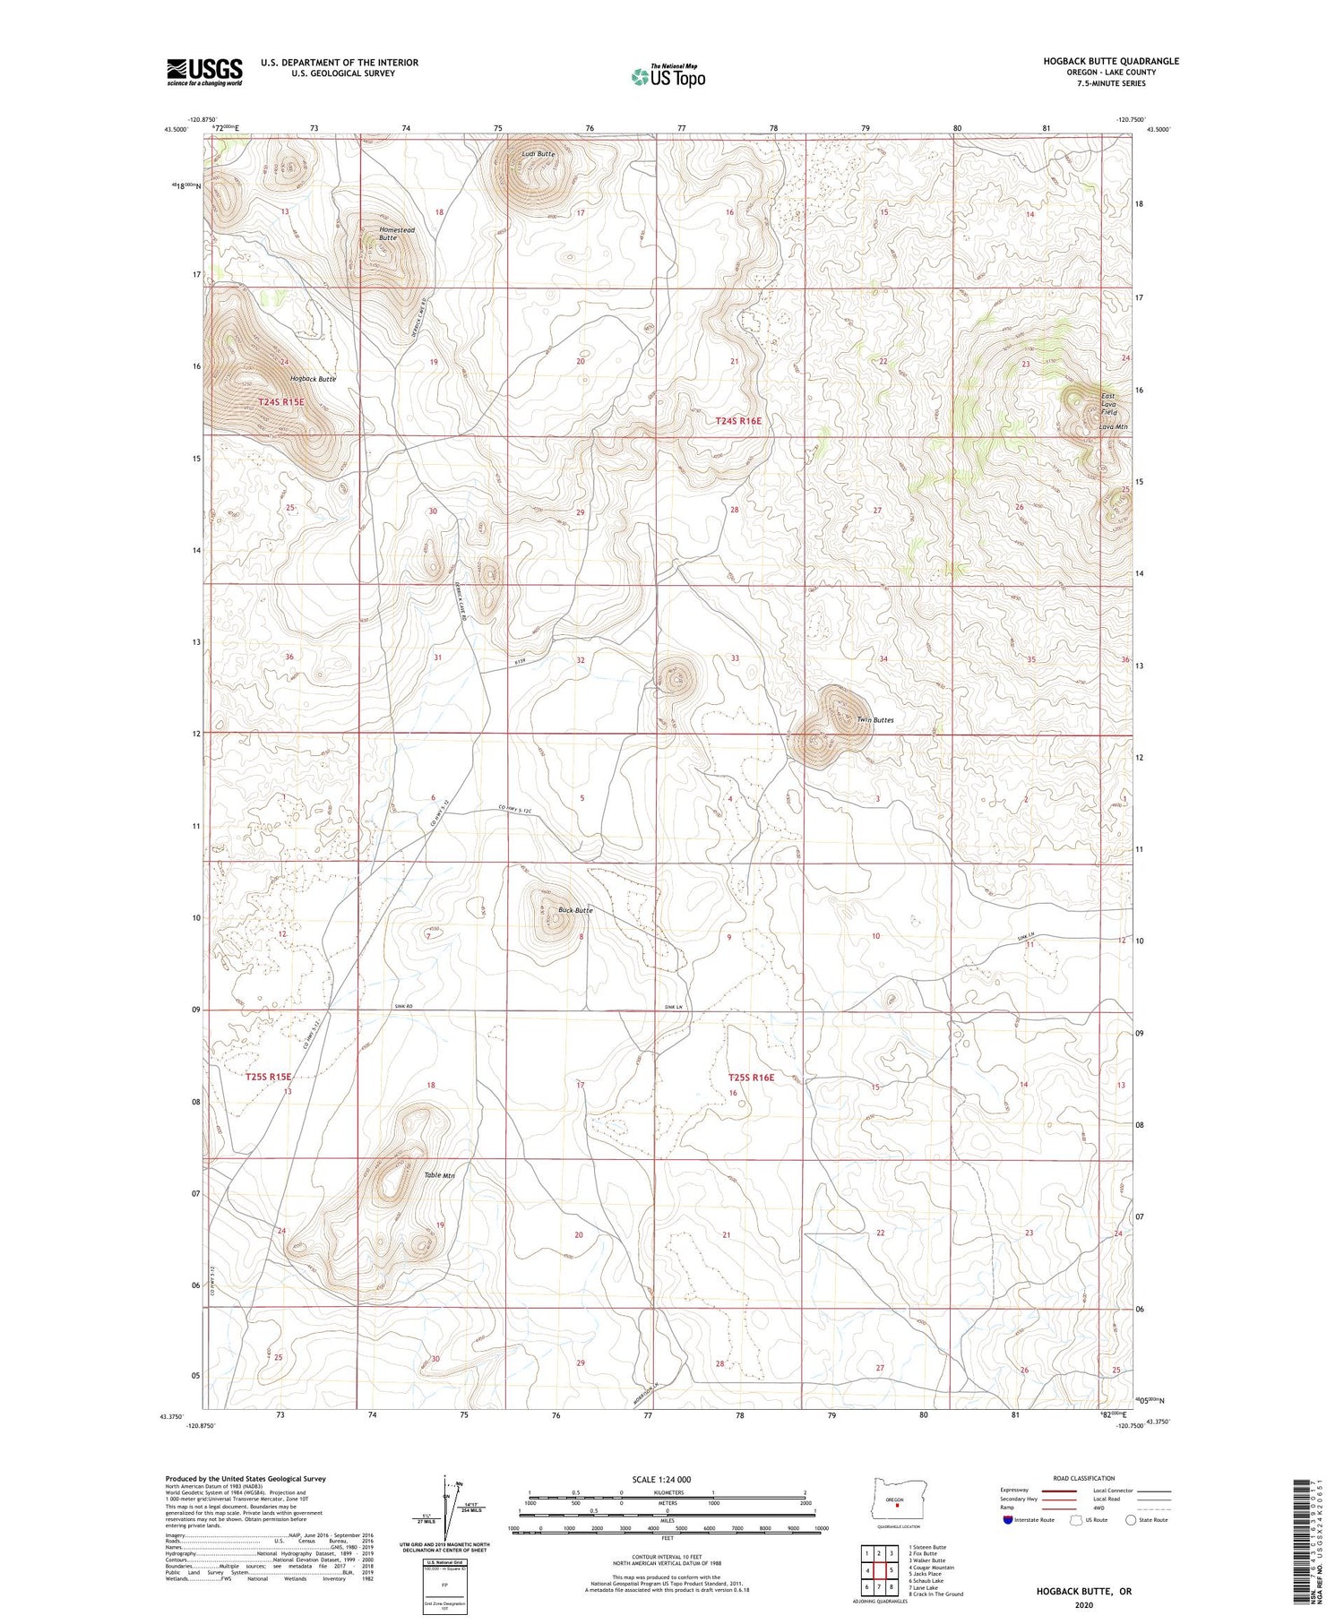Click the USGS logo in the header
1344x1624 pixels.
(204, 72)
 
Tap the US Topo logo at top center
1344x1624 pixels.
(668, 76)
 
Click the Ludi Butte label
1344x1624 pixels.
(538, 154)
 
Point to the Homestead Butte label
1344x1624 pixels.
(395, 234)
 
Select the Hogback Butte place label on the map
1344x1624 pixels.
(312, 379)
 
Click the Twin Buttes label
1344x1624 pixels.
(874, 719)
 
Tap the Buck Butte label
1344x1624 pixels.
(575, 910)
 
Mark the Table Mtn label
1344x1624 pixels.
(440, 1175)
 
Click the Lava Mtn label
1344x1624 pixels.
(1113, 427)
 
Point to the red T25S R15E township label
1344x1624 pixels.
(269, 1077)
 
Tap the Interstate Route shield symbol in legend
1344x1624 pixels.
(1008, 1520)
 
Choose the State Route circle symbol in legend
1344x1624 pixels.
(1132, 1520)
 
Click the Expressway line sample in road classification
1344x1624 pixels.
(1055, 1491)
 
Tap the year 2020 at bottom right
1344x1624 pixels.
(1083, 1605)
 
